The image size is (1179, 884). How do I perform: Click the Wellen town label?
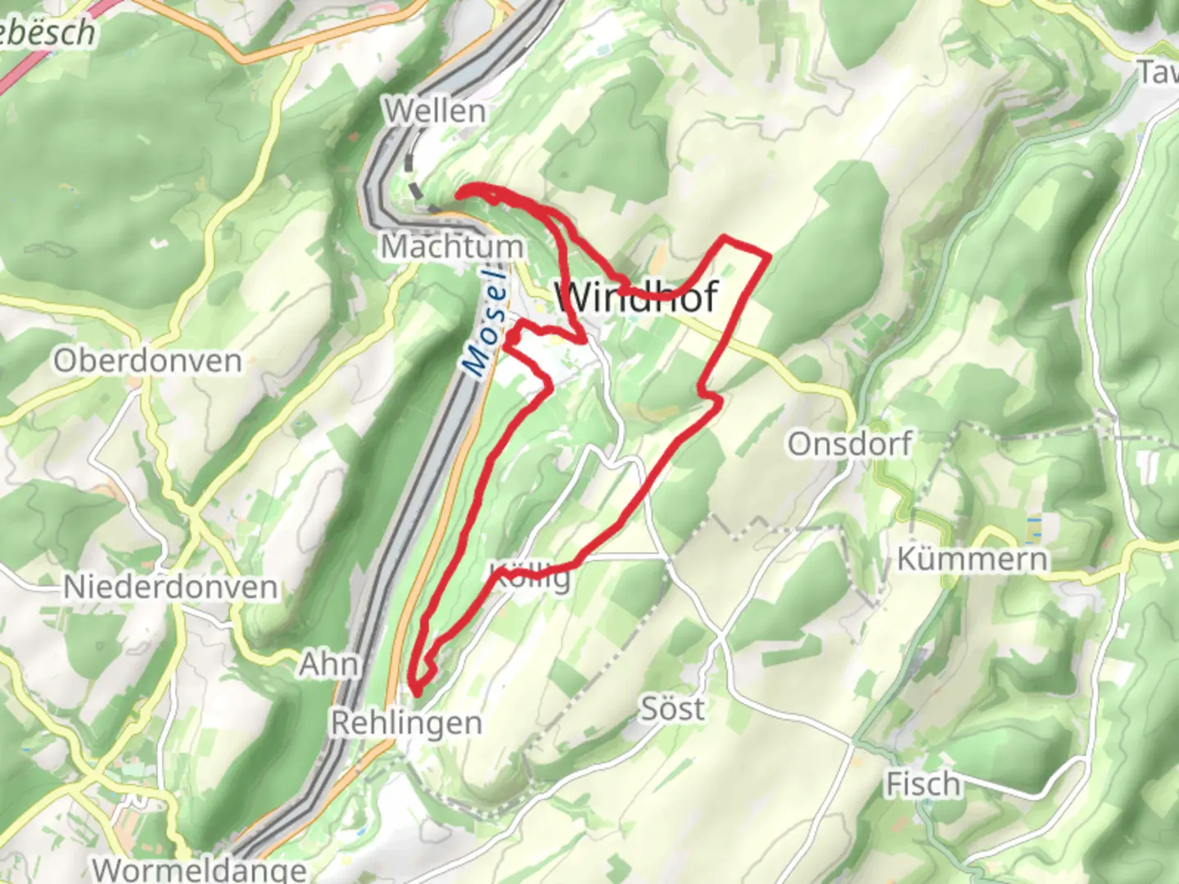(x=436, y=110)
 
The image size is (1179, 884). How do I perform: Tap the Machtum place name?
(x=452, y=246)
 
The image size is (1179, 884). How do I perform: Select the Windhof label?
(x=637, y=295)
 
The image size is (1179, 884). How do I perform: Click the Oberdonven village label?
(x=147, y=360)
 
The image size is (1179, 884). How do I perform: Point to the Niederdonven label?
(x=170, y=587)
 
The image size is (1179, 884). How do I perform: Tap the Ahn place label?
(x=329, y=664)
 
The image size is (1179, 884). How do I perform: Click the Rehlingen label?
(x=406, y=723)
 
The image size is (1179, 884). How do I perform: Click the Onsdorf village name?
(x=850, y=444)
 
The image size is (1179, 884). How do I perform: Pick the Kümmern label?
(x=972, y=559)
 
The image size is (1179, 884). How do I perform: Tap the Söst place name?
(x=671, y=708)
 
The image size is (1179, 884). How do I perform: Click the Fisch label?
(x=923, y=784)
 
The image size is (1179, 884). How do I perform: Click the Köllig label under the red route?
(x=531, y=576)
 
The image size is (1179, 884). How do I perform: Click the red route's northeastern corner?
(x=768, y=256)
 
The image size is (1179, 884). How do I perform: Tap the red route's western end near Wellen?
(x=459, y=192)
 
